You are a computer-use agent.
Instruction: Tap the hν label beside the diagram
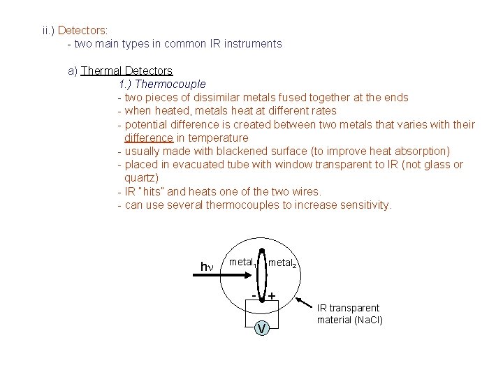tap(206, 267)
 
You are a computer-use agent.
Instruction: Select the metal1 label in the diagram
tap(242, 263)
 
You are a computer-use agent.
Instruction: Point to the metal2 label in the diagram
tap(283, 264)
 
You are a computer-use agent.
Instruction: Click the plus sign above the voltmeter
tap(271, 296)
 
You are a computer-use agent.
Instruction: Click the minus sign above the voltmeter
tap(253, 295)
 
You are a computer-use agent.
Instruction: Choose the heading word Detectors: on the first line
tap(82, 31)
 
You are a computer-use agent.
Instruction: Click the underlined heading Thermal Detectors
tap(126, 71)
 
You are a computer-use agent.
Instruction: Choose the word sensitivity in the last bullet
tap(365, 205)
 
